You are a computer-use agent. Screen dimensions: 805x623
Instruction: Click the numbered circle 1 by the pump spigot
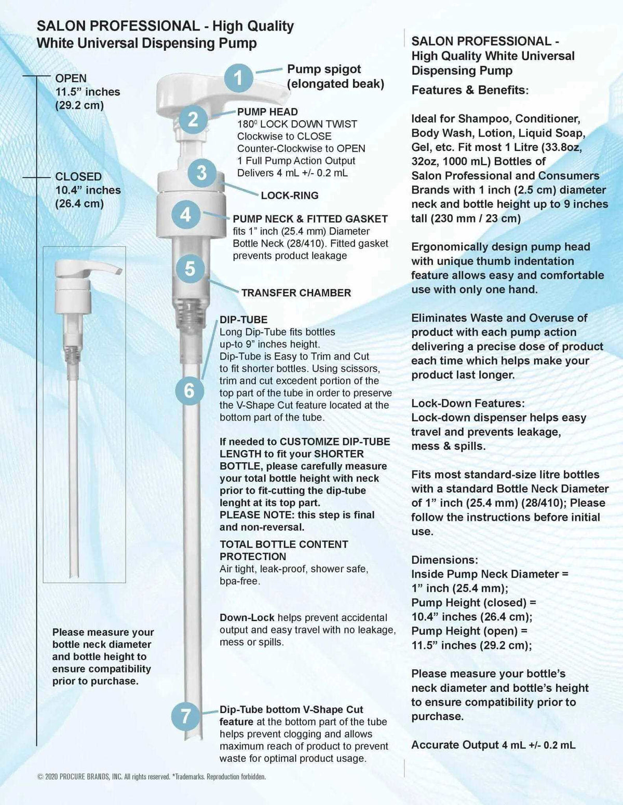238,78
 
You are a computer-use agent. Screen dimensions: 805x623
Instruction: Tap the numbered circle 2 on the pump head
193,119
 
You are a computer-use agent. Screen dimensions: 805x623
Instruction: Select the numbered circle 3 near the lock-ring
202,173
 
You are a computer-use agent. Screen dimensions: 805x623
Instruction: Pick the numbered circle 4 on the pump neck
186,214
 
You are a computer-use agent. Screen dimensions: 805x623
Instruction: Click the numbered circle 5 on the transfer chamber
190,269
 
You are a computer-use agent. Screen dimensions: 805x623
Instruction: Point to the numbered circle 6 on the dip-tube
189,390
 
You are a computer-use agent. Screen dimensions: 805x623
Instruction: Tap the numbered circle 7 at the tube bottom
186,716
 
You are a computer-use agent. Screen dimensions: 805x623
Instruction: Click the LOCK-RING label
289,196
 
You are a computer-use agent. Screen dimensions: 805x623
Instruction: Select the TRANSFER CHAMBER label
296,293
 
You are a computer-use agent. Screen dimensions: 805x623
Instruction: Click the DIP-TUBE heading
243,320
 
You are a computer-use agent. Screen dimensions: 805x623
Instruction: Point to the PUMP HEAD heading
267,112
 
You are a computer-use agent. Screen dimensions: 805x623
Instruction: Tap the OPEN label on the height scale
71,78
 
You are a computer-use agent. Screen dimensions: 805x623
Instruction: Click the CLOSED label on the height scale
78,177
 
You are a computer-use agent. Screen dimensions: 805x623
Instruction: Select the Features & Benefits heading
469,90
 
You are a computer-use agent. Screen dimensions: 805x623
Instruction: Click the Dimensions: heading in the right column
444,560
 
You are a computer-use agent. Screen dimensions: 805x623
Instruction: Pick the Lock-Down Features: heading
468,404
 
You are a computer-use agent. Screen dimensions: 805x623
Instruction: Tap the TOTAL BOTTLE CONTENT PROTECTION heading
283,550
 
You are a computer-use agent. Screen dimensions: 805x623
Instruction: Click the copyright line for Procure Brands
152,776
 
